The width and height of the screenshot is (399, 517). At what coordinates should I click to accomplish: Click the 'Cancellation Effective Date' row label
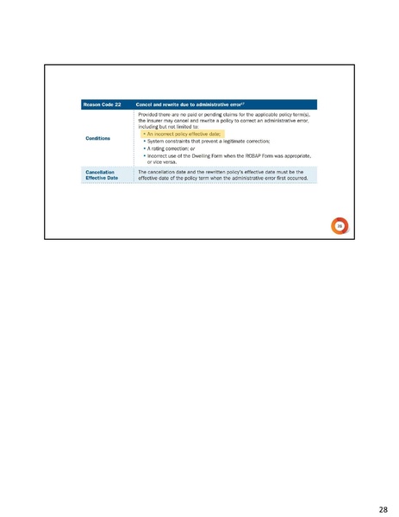click(102, 174)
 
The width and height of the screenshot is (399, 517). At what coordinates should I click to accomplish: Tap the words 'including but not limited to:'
click(173, 127)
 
